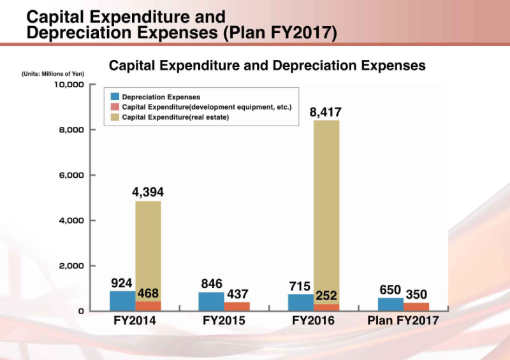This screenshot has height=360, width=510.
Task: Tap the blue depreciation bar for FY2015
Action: [211, 301]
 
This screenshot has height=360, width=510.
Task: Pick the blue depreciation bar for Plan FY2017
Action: [390, 304]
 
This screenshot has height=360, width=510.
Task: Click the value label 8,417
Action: [326, 112]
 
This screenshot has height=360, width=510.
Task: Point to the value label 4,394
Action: [148, 192]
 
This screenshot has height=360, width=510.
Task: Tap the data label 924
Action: [121, 282]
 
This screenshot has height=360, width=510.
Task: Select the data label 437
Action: [238, 294]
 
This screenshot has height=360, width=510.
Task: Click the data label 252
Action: [326, 296]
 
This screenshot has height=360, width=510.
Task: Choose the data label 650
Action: [390, 290]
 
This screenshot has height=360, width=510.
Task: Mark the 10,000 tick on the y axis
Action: [69, 85]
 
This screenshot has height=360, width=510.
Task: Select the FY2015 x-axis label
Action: [224, 320]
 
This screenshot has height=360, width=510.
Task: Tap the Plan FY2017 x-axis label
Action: [403, 320]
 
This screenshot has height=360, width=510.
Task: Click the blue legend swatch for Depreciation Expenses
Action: [115, 97]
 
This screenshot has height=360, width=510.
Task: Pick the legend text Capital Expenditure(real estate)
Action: [175, 117]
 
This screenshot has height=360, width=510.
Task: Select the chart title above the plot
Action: [267, 65]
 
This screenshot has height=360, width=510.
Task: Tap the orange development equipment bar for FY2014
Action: [148, 306]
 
